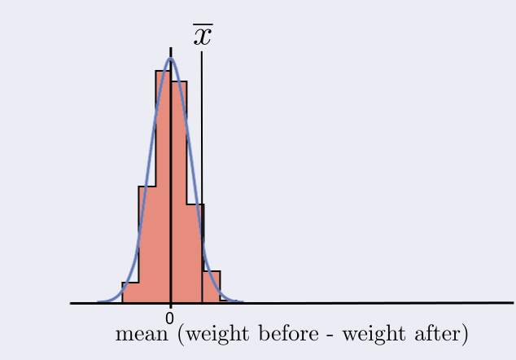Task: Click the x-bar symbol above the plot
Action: tap(203, 36)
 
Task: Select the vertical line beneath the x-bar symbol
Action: tap(202, 163)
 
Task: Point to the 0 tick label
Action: tap(170, 318)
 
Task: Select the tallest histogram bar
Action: tap(163, 187)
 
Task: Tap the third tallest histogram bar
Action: tap(146, 244)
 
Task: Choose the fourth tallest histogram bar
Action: tap(195, 252)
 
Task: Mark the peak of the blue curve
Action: tap(170, 59)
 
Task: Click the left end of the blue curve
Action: tap(98, 302)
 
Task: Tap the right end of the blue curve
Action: tap(243, 302)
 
